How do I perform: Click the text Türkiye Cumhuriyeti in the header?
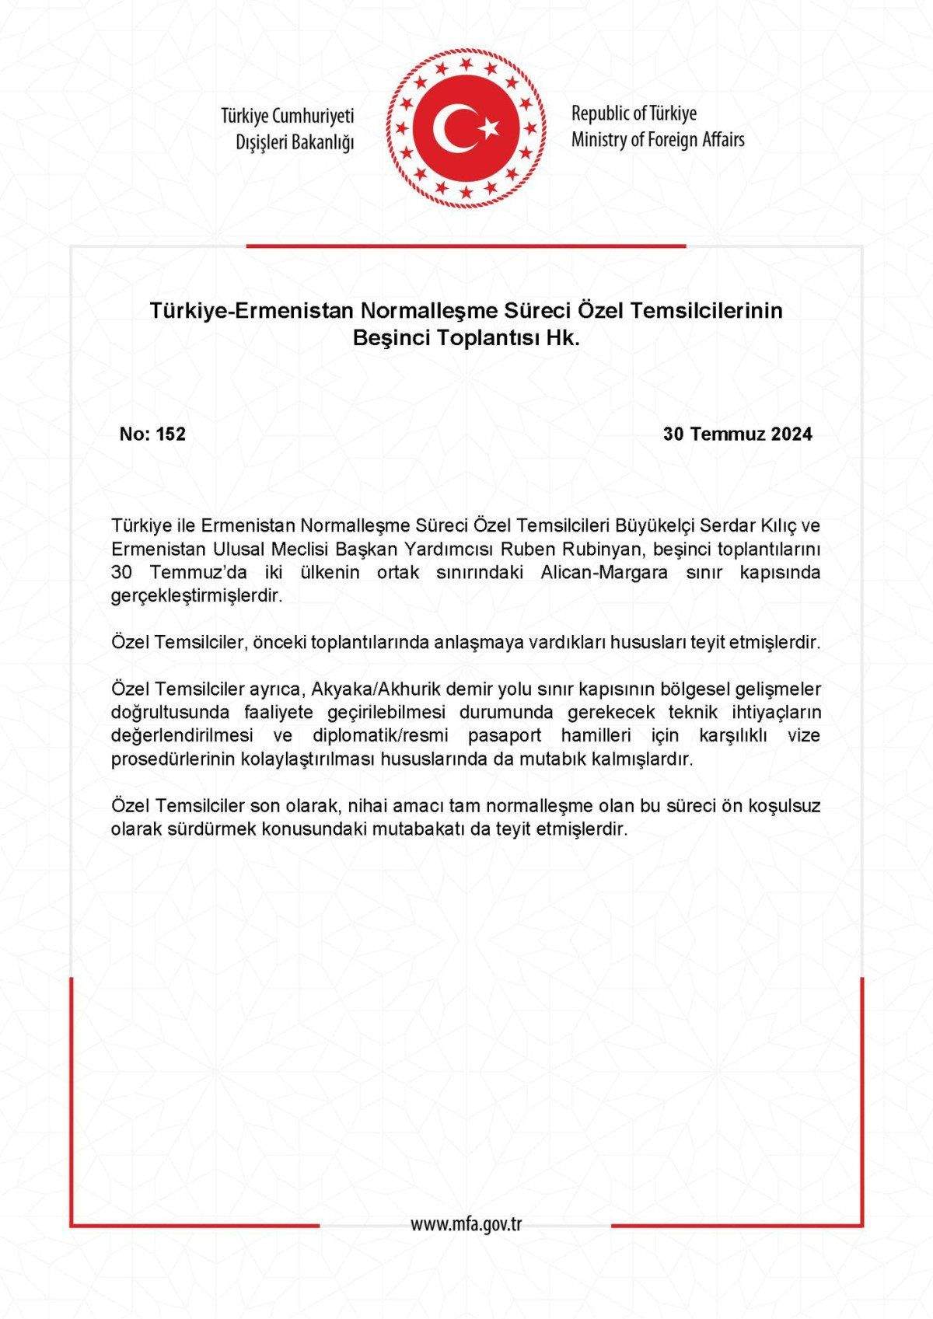click(x=287, y=117)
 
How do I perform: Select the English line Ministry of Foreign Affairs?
click(x=658, y=140)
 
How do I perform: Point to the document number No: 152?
click(x=152, y=434)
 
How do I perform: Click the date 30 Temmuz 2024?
click(x=738, y=434)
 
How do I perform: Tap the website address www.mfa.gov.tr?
click(x=466, y=1224)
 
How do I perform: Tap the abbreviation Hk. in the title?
click(x=565, y=339)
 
